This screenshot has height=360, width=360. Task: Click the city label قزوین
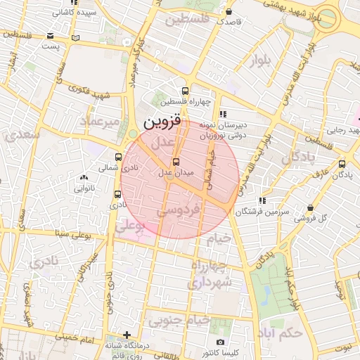[x=162, y=122]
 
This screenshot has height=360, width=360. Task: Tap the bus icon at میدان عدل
[x=176, y=162]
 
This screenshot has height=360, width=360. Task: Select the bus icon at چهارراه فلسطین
[x=185, y=91]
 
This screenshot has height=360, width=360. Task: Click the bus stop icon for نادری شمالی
[x=117, y=157]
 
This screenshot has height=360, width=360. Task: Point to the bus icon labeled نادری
[x=116, y=194]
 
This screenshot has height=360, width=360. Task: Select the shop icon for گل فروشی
[x=311, y=207]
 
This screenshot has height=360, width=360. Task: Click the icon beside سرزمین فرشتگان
[x=262, y=200]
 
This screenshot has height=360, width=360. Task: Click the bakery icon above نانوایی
[x=84, y=178]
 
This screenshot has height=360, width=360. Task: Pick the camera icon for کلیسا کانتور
[x=221, y=342]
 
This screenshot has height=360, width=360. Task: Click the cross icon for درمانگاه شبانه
[x=127, y=335]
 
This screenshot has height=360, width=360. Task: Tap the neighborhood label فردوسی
[x=179, y=210]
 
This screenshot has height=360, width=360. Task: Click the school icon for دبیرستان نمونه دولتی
[x=223, y=114]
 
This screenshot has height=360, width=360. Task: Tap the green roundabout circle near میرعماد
[x=133, y=134]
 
